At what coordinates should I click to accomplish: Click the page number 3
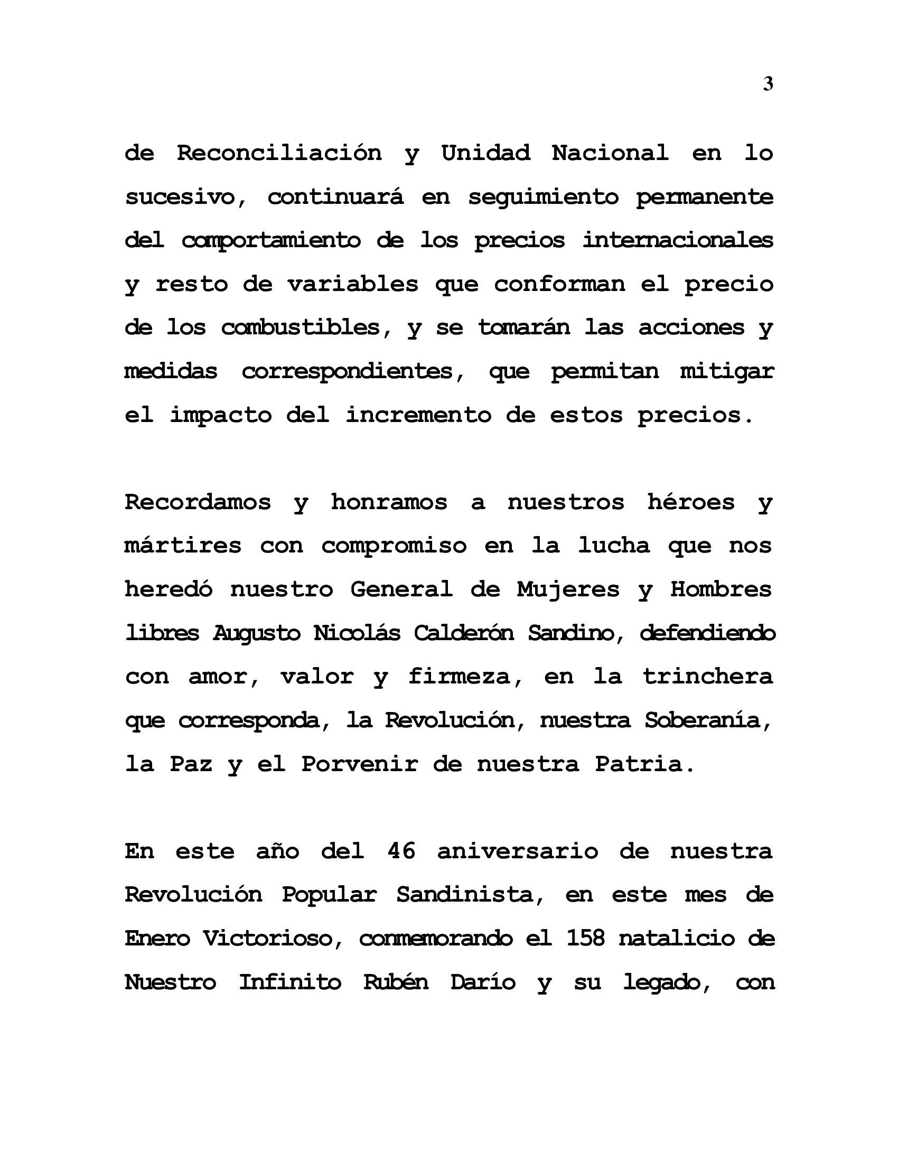[x=768, y=84]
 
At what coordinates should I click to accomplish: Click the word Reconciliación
[x=279, y=153]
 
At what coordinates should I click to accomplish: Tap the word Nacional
[x=610, y=153]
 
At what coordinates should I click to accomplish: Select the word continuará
[x=335, y=197]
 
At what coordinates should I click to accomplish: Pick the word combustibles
[x=301, y=327]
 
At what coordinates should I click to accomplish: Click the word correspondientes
[x=353, y=371]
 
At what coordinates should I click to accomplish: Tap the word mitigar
[x=727, y=371]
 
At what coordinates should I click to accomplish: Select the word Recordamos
[x=198, y=502]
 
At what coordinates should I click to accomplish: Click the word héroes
[x=690, y=502]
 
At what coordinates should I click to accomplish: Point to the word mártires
[x=183, y=546]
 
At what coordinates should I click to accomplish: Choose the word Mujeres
[x=568, y=589]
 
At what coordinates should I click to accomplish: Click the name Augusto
[x=257, y=633]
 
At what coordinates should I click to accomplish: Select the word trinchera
[x=707, y=677]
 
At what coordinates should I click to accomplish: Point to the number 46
[x=401, y=851]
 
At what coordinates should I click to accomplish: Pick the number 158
[x=585, y=938]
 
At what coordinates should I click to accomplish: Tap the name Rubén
[x=396, y=982]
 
